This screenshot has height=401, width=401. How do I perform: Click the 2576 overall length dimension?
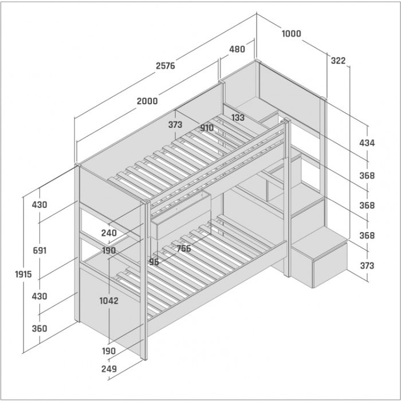tap(166, 66)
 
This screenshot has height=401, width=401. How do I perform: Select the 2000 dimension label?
tap(147, 101)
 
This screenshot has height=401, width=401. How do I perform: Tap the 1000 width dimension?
tap(291, 33)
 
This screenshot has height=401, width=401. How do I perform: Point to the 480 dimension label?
tap(237, 49)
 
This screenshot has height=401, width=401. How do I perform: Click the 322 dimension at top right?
tap(338, 61)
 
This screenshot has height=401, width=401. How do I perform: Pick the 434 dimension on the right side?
tap(367, 143)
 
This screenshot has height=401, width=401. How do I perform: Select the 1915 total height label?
tap(23, 274)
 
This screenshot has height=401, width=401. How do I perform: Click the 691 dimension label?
tap(40, 250)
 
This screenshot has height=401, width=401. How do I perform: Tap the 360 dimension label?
tap(40, 328)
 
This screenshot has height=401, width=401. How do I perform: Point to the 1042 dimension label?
tap(109, 301)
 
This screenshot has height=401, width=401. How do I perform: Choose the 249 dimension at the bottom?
tap(109, 369)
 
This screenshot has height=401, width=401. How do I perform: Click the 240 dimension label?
tap(109, 233)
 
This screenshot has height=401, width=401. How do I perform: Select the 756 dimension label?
tap(184, 248)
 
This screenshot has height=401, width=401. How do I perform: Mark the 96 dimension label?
tap(154, 262)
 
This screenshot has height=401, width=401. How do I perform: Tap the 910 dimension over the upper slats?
tap(207, 128)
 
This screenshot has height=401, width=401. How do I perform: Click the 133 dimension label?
tap(238, 117)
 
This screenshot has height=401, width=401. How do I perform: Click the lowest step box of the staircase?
tap(319, 257)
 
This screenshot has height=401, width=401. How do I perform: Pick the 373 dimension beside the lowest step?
tap(367, 266)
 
